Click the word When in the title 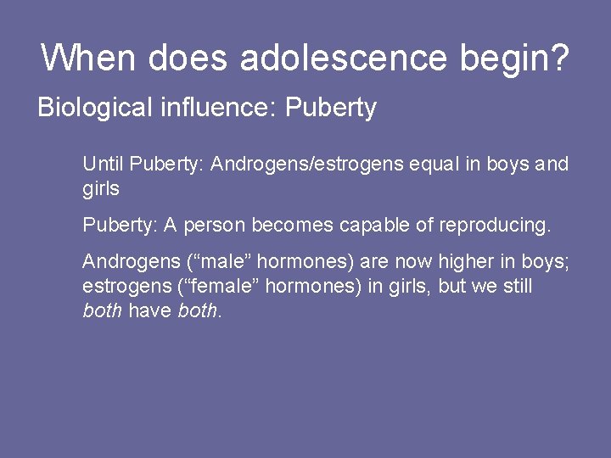(x=88, y=59)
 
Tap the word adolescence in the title (x=343, y=59)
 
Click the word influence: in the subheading (x=221, y=109)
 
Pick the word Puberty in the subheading (x=331, y=109)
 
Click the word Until (x=103, y=164)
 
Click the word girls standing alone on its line (x=101, y=188)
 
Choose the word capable (x=373, y=226)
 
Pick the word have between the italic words (x=150, y=310)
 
